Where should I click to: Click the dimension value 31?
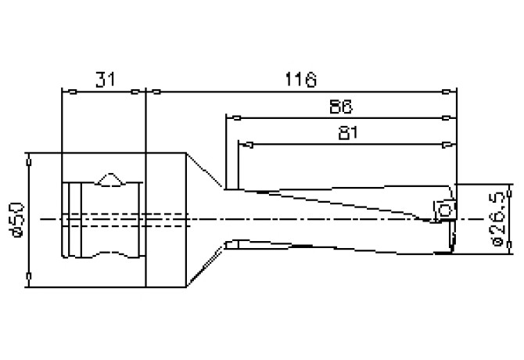104,78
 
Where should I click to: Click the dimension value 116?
300,78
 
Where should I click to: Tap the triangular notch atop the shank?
110,179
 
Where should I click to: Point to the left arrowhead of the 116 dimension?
156,92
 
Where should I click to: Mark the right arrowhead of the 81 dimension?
447,145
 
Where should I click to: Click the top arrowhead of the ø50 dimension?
29,160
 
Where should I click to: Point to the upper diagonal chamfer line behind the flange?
206,171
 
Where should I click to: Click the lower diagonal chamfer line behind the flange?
206,266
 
